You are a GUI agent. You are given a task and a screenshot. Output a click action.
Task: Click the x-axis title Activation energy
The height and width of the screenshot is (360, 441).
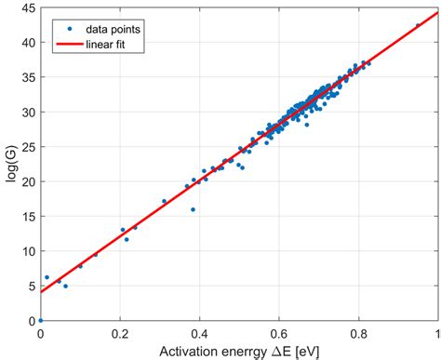(x=239, y=349)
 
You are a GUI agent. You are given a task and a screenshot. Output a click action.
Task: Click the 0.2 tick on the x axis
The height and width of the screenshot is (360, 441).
(x=120, y=331)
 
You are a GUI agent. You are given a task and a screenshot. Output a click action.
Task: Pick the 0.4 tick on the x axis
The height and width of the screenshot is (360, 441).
(x=199, y=331)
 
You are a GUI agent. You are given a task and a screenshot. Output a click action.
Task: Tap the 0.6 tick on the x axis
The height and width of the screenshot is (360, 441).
(x=279, y=331)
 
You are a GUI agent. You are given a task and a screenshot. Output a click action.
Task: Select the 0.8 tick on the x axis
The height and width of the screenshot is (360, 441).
(x=358, y=331)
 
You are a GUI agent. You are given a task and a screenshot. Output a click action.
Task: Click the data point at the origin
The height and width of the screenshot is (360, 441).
(x=41, y=320)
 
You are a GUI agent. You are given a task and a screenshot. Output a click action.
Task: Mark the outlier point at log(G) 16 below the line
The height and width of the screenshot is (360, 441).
(x=193, y=209)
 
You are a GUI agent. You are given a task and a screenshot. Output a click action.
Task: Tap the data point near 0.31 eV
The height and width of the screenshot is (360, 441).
(x=164, y=201)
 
